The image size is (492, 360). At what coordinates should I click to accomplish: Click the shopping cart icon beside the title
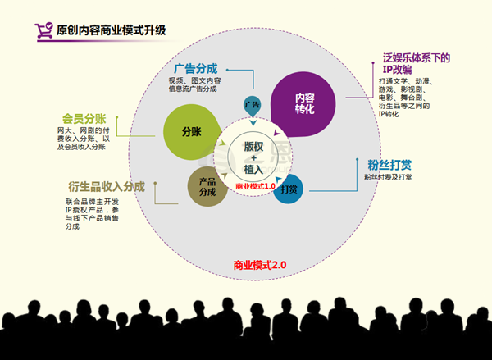(43, 30)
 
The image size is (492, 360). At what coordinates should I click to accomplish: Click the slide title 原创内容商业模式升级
(111, 30)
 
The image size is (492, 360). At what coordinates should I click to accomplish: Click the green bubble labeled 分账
(191, 131)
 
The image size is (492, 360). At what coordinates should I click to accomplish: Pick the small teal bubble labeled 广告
(253, 105)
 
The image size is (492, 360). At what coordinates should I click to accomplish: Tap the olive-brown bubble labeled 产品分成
(207, 186)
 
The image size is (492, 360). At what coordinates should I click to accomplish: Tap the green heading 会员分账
(84, 118)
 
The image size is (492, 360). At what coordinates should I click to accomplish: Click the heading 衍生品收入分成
(106, 186)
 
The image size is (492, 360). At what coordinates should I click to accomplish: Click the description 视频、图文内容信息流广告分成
(200, 84)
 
